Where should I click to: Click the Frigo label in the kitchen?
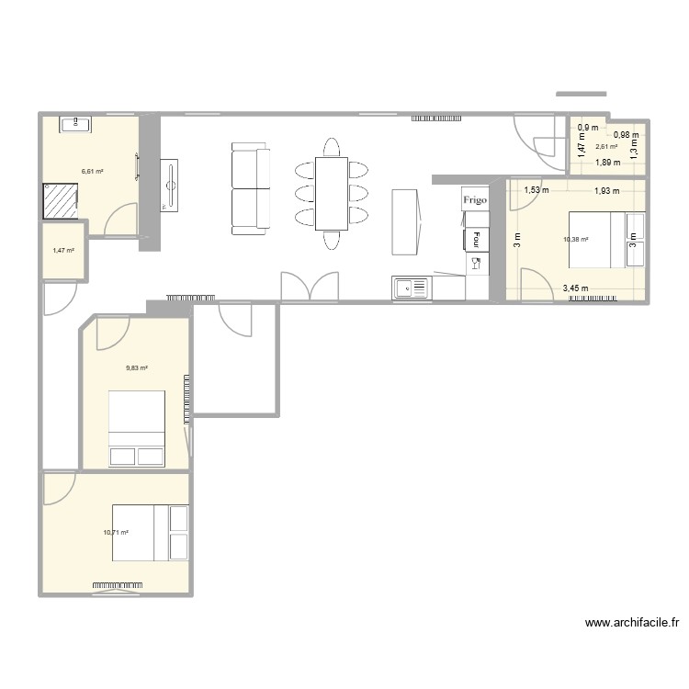tap(475, 198)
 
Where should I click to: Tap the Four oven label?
tap(476, 239)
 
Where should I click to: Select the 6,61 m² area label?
tap(92, 171)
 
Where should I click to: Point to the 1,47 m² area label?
tap(63, 250)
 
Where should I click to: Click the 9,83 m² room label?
tap(137, 367)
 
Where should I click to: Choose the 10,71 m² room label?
tap(116, 532)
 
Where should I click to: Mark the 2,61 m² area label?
tap(606, 146)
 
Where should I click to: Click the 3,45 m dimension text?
tap(576, 288)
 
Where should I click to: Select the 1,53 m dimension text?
tap(537, 191)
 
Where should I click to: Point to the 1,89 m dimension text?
tap(607, 163)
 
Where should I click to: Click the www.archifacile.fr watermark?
tap(632, 623)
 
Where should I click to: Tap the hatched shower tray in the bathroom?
tap(61, 200)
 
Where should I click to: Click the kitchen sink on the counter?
tap(411, 288)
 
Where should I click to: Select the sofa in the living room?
tap(250, 187)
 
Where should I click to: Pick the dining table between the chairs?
tap(331, 193)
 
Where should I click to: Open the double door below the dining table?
tap(309, 287)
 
